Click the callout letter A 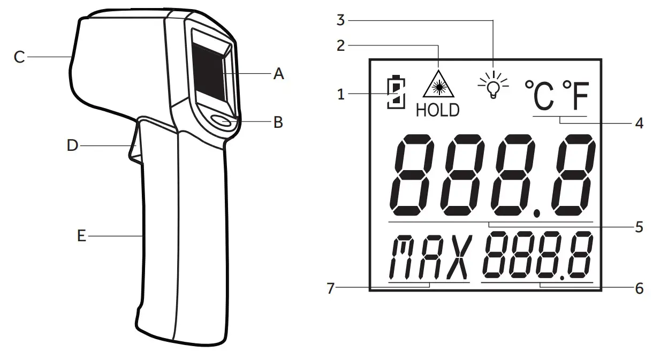pos(278,74)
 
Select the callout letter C pos(19,57)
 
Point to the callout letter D pos(72,145)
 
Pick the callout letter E pos(81,235)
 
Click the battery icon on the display pos(395,93)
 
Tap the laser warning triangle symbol pos(437,84)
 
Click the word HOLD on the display pos(437,110)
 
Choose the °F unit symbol pos(574,95)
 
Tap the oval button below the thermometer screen pos(223,122)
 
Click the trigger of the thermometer pos(135,142)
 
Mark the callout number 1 pos(340,95)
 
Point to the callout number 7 pos(330,288)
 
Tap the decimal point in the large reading pos(538,213)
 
